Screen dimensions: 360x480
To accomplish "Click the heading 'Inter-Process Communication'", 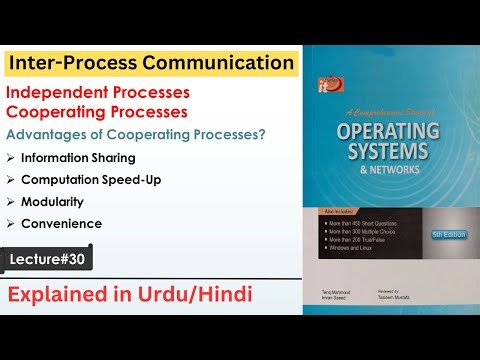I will point(151,63).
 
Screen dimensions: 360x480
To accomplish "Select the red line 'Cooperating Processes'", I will point(89,113).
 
